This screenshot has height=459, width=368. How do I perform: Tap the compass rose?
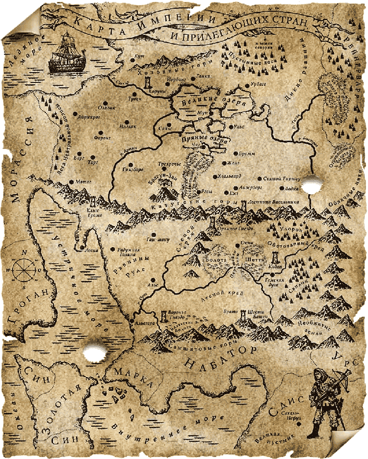tap(21, 268)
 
